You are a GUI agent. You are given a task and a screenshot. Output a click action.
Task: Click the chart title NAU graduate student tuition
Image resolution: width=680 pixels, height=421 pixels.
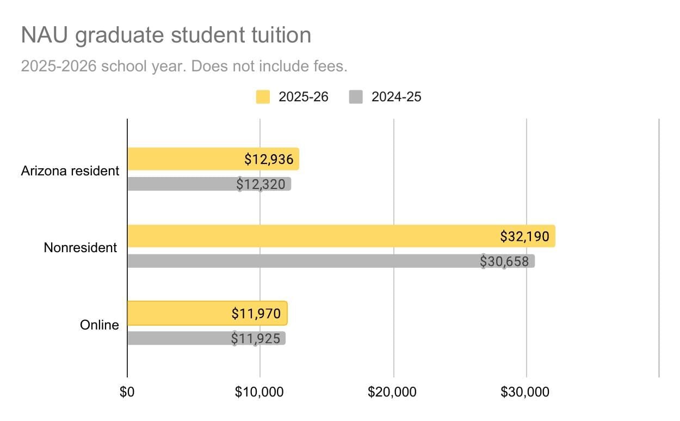coord(166,35)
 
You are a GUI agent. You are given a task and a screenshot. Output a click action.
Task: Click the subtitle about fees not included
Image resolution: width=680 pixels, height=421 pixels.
coord(184,66)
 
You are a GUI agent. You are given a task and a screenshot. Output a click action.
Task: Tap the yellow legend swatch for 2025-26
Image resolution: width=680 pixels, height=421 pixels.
coord(263,97)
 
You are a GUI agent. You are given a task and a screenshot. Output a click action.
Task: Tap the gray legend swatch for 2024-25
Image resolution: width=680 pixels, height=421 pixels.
coord(356,97)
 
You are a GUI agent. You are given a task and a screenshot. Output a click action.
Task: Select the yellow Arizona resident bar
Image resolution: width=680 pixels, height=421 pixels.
coord(185,159)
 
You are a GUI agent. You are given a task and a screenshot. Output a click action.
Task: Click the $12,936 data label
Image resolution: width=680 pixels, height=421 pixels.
coord(269,160)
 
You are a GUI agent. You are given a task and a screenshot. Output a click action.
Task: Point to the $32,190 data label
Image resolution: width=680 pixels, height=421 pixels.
coord(524,236)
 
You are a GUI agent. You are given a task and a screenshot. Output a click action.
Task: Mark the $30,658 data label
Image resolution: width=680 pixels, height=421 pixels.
coord(504,261)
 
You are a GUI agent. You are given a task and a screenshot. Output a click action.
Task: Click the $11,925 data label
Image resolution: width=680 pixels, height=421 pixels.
coord(256,339)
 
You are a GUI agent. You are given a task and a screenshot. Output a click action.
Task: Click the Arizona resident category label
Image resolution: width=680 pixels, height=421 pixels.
coord(70,170)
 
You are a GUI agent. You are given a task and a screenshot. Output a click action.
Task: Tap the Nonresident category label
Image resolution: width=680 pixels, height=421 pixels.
coord(80,248)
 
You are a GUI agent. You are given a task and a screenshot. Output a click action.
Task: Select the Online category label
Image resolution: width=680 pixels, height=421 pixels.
coord(99,325)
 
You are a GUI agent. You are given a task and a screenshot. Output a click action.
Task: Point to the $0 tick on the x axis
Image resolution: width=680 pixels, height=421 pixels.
coord(127,392)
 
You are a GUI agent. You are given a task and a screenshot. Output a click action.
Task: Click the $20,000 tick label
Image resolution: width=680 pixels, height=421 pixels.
coord(393,392)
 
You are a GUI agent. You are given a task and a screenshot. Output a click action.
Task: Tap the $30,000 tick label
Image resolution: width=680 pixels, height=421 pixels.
coord(526,392)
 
